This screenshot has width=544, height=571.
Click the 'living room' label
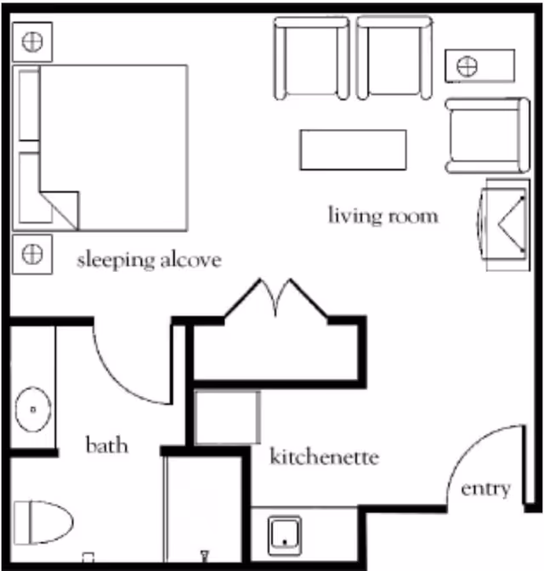(383, 215)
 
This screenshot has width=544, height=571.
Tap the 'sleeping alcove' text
(149, 259)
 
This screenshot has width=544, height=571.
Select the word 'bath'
(107, 444)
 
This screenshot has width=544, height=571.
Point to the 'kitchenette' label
(324, 457)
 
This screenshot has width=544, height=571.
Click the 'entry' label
(485, 489)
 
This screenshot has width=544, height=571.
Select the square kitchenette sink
(286, 533)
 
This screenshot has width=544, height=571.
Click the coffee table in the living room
(353, 149)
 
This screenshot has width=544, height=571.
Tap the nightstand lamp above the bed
(31, 40)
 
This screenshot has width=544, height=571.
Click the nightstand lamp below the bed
(31, 253)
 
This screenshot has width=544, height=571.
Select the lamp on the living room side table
(467, 66)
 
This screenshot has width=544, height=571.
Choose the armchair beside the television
(479, 133)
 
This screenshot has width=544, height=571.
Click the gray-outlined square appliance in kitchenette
(227, 416)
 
